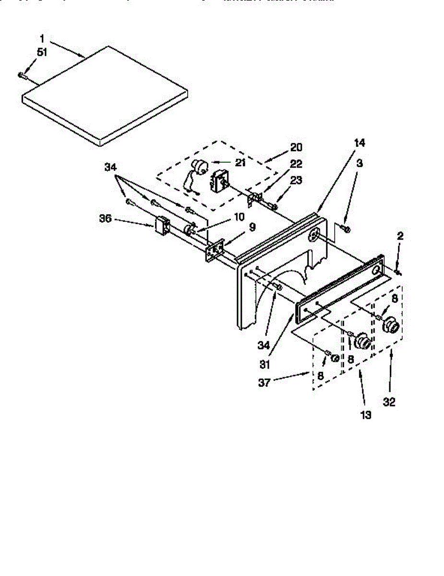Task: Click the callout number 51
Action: point(42,52)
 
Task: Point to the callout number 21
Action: point(240,162)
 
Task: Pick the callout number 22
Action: point(296,164)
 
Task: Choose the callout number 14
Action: point(360,143)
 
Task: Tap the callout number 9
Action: point(252,227)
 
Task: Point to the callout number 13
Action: point(366,415)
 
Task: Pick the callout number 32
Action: point(389,402)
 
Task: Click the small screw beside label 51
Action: point(21,74)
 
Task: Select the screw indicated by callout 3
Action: point(347,229)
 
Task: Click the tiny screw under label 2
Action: point(398,273)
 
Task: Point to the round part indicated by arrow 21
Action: point(198,168)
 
